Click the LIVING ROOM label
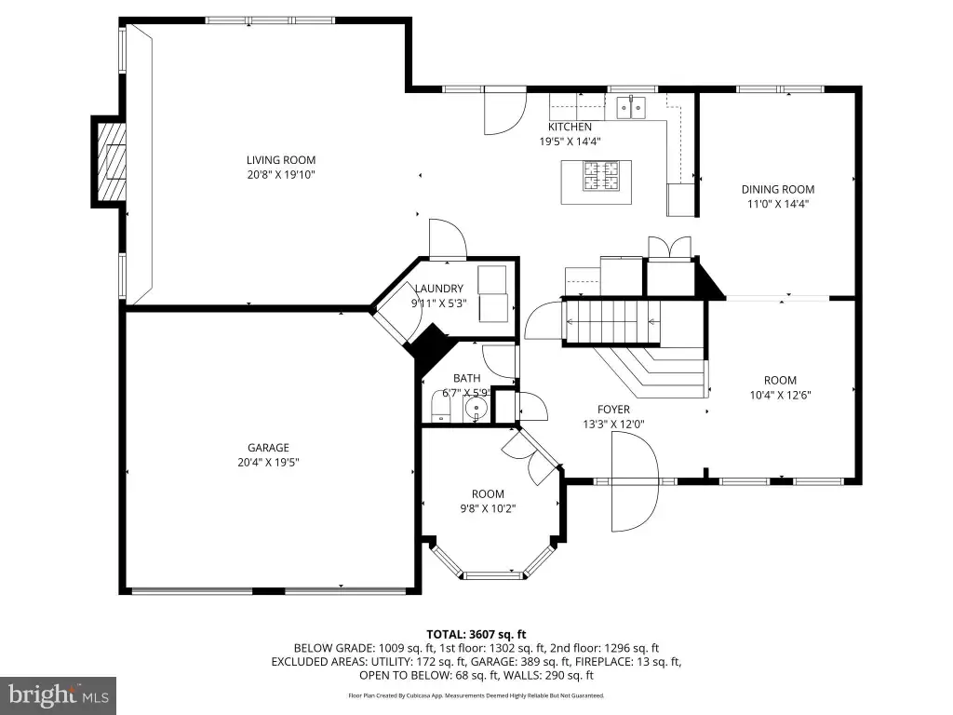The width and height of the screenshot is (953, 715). point(281,160)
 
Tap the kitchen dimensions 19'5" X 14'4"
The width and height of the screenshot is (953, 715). point(570,142)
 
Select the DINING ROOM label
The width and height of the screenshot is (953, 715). point(778,189)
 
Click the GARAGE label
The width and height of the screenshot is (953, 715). point(268,448)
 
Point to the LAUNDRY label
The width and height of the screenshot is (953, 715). point(439,289)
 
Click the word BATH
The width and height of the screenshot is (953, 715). point(467,378)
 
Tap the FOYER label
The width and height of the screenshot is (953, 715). point(613,410)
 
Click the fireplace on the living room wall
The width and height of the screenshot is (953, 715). point(111,161)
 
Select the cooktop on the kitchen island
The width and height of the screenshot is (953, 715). point(601,176)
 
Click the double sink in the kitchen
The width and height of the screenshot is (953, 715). point(632,108)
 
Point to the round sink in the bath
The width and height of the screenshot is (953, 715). point(477,408)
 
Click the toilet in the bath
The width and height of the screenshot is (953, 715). point(440,406)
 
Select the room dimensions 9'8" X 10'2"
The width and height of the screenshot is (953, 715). point(488,509)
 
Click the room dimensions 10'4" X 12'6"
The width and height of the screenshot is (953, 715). point(781,395)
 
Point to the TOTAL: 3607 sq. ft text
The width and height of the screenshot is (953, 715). point(476,635)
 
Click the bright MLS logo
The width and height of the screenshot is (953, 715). point(59,695)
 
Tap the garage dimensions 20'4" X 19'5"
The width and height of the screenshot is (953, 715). point(268,462)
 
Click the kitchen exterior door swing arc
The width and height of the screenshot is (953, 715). point(505,111)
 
